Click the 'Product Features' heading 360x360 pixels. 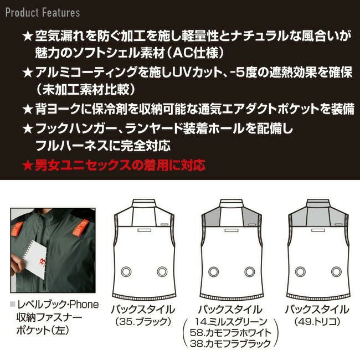pyautogui.click(x=43, y=12)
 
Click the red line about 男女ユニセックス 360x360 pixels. pyautogui.click(x=114, y=164)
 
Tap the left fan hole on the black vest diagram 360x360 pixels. pyautogui.click(x=126, y=272)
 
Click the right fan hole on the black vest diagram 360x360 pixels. pyautogui.click(x=162, y=272)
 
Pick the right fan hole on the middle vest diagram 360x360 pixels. pyautogui.click(x=248, y=272)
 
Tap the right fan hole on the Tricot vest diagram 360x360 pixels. pyautogui.click(x=335, y=272)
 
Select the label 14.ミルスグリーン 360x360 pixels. pyautogui.click(x=232, y=321)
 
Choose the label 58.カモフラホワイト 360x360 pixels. pyautogui.click(x=232, y=332)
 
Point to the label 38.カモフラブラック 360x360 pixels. pyautogui.click(x=232, y=344)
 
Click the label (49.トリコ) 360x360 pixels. pyautogui.click(x=317, y=321)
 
